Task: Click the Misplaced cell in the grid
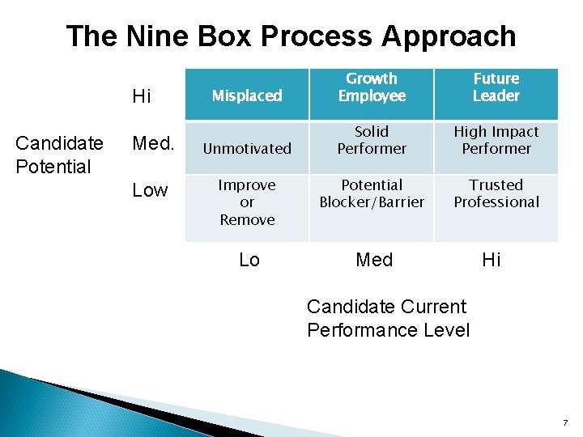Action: (x=247, y=95)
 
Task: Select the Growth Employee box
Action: (x=372, y=87)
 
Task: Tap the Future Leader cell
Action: (x=496, y=87)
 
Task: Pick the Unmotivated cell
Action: (x=247, y=148)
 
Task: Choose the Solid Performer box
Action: (x=372, y=140)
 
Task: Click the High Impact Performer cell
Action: (x=496, y=140)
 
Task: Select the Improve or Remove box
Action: (x=247, y=202)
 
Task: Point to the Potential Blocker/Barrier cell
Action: (x=372, y=193)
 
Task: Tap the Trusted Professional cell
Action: (x=496, y=193)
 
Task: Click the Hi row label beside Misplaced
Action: (x=142, y=97)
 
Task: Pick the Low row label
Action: (x=150, y=190)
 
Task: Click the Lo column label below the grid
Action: (x=249, y=260)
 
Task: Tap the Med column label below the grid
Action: (x=374, y=260)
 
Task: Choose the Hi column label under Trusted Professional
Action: (x=492, y=260)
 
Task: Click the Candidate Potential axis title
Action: (x=59, y=155)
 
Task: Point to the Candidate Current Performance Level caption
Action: (x=388, y=318)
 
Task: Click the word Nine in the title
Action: (x=160, y=36)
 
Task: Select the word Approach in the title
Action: (x=449, y=36)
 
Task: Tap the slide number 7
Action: (x=565, y=422)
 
